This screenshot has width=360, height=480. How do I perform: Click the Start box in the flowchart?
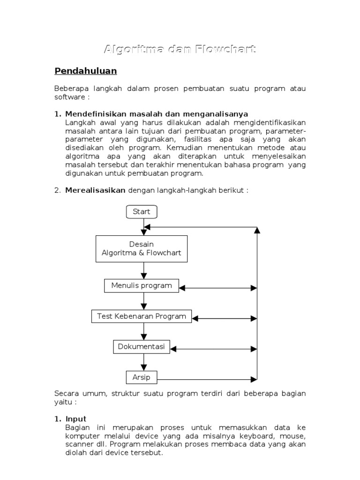click(142, 212)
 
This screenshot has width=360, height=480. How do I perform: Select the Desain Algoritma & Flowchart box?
click(142, 249)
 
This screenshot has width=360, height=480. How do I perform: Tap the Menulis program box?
click(142, 285)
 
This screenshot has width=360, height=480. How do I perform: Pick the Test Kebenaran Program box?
click(142, 316)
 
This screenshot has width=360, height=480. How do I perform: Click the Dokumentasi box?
click(142, 347)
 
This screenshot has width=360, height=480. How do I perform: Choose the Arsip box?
click(142, 377)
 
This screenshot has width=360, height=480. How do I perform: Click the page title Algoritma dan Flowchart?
click(180, 49)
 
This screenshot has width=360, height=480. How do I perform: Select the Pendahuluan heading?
click(85, 71)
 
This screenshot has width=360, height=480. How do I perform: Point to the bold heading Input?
click(76, 419)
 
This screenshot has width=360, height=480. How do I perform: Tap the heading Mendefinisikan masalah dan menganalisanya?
click(157, 114)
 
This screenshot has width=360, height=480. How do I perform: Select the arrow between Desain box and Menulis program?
click(144, 270)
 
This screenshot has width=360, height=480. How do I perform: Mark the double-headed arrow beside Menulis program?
click(218, 287)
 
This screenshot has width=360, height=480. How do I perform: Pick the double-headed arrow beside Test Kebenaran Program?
click(225, 318)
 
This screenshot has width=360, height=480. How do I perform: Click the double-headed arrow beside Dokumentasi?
click(213, 349)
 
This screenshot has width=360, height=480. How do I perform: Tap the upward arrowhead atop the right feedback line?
click(257, 230)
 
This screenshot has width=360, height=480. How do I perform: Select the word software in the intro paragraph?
click(69, 97)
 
